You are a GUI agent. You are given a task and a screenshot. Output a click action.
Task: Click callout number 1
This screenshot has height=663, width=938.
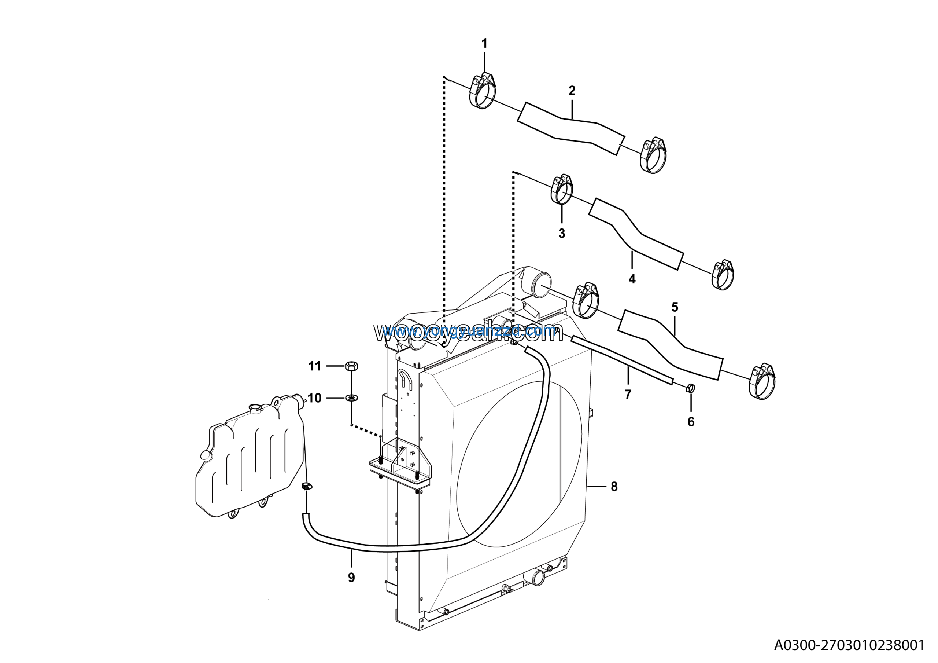[x=484, y=43]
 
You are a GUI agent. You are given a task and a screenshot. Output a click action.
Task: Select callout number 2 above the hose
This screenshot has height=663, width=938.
[x=572, y=91]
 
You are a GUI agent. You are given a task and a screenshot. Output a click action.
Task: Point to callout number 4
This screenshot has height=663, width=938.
[x=632, y=279]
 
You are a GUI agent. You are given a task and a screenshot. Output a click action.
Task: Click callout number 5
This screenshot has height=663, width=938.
[x=675, y=307]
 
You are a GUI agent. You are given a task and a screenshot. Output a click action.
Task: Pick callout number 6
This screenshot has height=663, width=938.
[x=691, y=422]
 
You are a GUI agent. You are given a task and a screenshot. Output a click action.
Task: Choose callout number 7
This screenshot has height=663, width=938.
[x=628, y=395]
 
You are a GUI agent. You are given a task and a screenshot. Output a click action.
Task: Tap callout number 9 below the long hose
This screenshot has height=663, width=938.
[x=351, y=578]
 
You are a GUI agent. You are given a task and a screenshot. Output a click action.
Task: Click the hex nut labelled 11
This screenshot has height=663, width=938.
[x=351, y=366]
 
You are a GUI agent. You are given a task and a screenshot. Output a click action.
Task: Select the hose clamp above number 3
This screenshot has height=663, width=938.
[x=562, y=189]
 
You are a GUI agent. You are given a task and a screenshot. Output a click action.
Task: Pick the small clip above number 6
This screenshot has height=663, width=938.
[x=690, y=388]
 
